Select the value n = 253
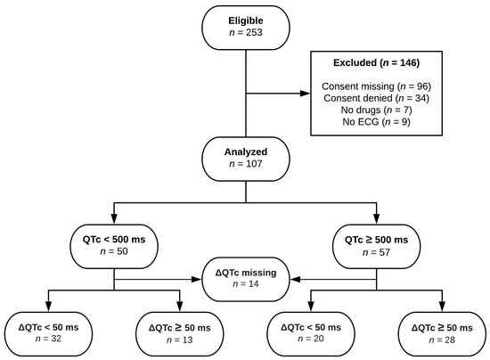coord(244,36)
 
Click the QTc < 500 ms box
coord(115,247)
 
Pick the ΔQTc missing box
coord(244,276)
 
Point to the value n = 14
coord(244,283)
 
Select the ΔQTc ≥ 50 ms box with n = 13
coord(181,332)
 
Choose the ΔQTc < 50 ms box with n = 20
coord(310,332)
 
